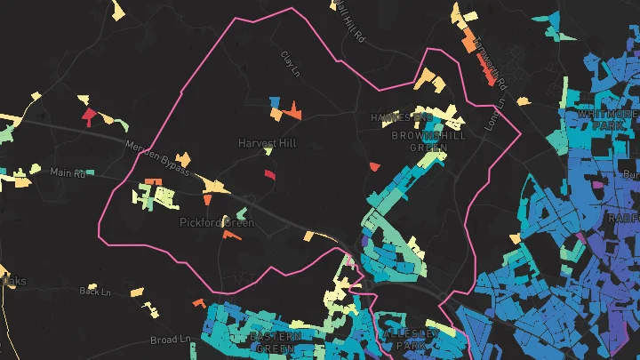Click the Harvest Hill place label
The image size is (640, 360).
tap(267, 142)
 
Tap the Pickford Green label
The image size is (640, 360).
tap(217, 222)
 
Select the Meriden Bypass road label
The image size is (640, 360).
tap(157, 158)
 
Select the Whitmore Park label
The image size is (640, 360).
tap(608, 120)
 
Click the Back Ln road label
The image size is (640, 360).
tap(94, 291)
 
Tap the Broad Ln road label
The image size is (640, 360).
tap(171, 340)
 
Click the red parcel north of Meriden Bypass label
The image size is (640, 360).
tap(88, 116)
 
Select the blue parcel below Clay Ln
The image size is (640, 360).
tap(276, 101)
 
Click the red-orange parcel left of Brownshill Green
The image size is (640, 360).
tap(374, 165)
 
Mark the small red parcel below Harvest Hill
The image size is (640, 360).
tap(269, 174)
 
